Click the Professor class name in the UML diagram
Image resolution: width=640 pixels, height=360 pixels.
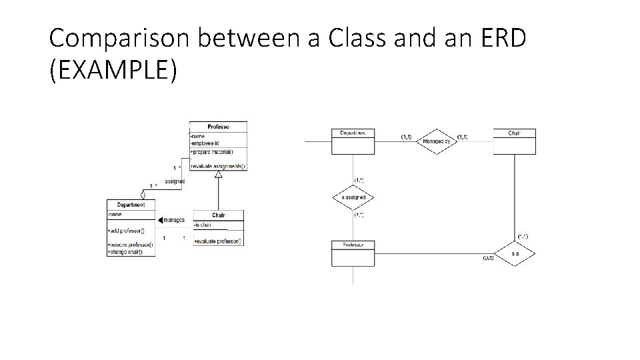click(x=218, y=127)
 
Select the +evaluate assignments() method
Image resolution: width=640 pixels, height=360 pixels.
click(x=218, y=166)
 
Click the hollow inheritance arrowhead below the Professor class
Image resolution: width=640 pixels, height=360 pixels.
click(x=218, y=175)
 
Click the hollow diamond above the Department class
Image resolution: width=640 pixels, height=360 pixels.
click(x=143, y=194)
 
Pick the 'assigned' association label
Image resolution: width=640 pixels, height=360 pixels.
click(x=175, y=181)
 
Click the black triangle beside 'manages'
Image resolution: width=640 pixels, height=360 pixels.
click(x=160, y=220)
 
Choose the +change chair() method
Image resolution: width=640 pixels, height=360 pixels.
click(x=130, y=252)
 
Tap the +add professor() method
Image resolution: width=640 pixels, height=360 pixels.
click(x=130, y=230)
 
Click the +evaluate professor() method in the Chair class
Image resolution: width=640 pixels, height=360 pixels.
click(x=218, y=241)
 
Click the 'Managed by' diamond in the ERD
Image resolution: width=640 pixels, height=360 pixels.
click(x=436, y=141)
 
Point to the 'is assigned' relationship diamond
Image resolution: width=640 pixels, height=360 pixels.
click(x=353, y=198)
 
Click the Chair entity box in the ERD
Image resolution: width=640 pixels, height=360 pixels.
click(x=514, y=141)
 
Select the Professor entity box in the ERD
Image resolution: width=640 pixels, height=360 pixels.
click(x=353, y=253)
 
